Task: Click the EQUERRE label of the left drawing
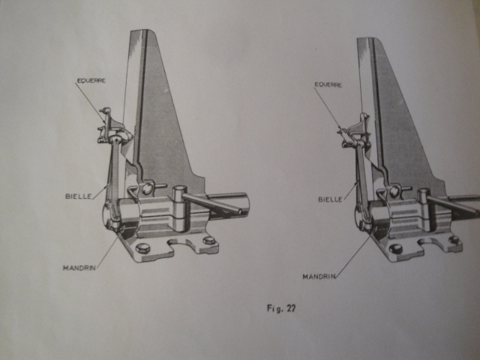(91, 81)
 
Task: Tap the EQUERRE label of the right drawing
(328, 85)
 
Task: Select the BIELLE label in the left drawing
(79, 196)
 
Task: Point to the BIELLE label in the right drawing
(330, 199)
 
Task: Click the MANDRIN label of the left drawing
(79, 268)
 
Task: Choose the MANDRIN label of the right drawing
(319, 277)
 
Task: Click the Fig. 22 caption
(281, 308)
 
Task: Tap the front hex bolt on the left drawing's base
(142, 247)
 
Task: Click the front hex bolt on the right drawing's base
(395, 249)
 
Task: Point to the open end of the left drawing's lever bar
(240, 211)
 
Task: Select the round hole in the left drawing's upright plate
(147, 188)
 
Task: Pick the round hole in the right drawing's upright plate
(395, 191)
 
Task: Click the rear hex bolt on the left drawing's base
(209, 240)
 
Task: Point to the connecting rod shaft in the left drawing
(114, 181)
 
